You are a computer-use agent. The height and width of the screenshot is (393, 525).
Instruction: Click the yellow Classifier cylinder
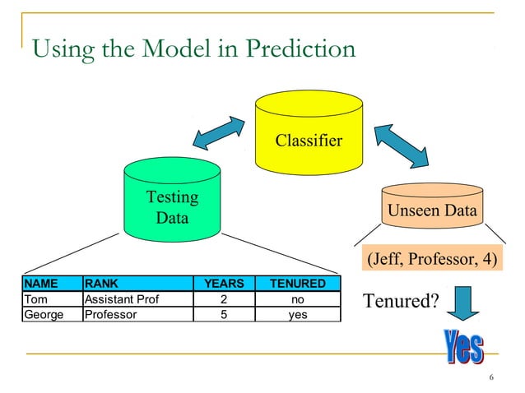pos(308,132)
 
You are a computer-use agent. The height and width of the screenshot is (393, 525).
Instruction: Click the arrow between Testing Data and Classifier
pos(219,132)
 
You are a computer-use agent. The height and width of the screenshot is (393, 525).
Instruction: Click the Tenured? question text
pos(401,301)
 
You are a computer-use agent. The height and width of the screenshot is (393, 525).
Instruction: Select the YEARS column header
pos(224,284)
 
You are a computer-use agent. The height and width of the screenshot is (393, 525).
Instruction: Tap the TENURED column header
pos(298,284)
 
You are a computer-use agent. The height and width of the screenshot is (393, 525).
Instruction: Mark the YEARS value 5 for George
pos(224,313)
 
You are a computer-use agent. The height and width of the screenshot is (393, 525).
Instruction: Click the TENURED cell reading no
pos(298,298)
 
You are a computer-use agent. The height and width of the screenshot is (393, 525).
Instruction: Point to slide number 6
pos(491,378)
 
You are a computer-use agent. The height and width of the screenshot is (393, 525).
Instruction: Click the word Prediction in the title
pos(304,50)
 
